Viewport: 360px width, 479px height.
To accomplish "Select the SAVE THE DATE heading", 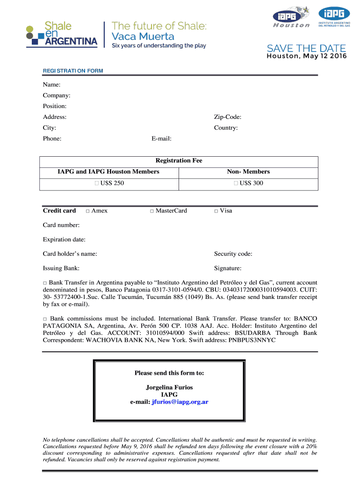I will [306, 49].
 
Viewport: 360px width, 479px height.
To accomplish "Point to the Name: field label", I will [51, 85].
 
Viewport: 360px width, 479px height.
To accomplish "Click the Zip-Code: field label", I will [228, 117].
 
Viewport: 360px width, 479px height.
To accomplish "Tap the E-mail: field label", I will [161, 138].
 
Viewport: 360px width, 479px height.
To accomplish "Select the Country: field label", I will [226, 128].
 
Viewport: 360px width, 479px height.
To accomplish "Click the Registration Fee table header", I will [179, 160].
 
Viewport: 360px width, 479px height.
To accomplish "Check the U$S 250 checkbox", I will [97, 183].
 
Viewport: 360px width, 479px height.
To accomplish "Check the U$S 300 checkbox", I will [237, 183].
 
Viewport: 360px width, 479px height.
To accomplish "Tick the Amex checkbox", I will [88, 211].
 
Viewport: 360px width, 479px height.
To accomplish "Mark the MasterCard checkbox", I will [152, 211].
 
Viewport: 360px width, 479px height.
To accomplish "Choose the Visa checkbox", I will [216, 211].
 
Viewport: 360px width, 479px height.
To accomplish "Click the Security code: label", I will [233, 254].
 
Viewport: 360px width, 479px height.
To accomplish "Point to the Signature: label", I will [228, 269].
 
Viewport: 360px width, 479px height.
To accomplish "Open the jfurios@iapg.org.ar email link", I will [180, 402].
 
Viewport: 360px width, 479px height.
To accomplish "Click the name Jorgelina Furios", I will [169, 387].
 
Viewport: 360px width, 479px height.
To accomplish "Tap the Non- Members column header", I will [248, 172].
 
